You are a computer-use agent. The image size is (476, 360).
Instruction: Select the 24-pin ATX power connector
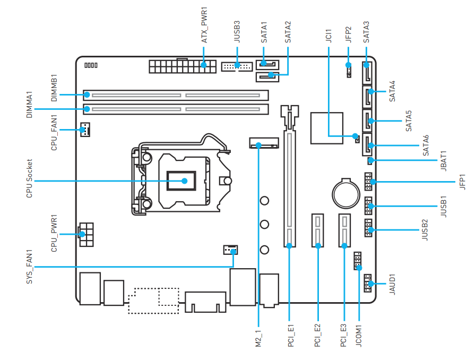pyautogui.click(x=181, y=66)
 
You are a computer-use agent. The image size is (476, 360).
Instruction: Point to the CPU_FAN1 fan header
pyautogui.click(x=85, y=129)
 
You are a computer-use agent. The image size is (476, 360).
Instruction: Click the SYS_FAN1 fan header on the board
pyautogui.click(x=230, y=250)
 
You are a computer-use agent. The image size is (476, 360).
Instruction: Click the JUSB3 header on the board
pyautogui.click(x=237, y=66)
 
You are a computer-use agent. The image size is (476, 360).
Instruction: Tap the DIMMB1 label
pyautogui.click(x=54, y=88)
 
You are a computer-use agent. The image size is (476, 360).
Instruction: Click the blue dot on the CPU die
pyautogui.click(x=185, y=181)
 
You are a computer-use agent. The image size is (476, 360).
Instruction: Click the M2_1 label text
pyautogui.click(x=258, y=338)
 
